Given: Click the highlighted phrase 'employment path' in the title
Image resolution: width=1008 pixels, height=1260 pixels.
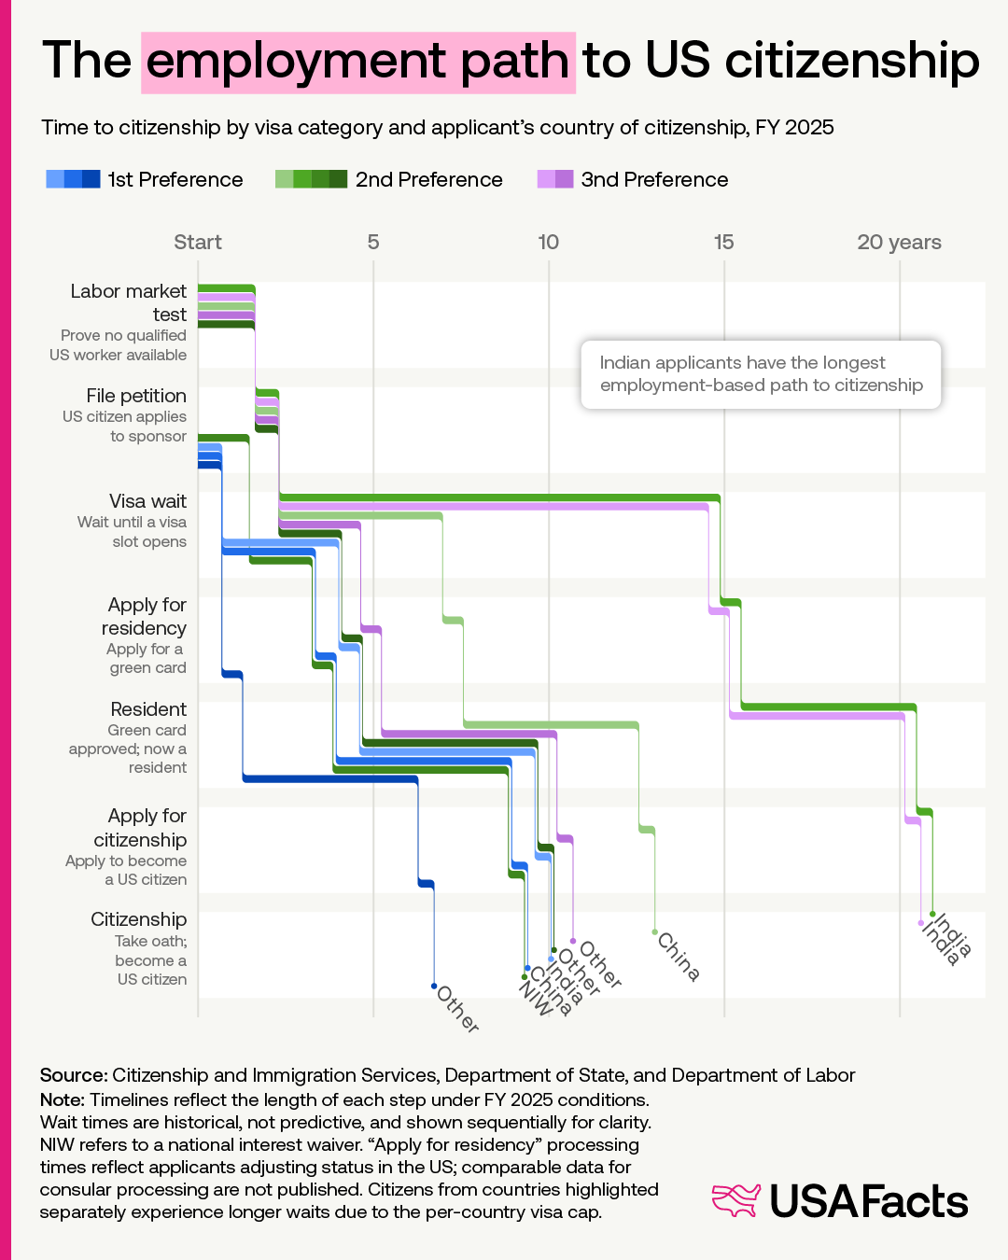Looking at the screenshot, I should [358, 62].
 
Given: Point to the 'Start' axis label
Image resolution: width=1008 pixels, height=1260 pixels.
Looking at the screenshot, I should [198, 243].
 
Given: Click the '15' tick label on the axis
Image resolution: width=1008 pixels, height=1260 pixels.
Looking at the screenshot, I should [723, 243].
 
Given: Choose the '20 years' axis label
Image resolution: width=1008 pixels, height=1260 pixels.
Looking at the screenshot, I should [899, 243].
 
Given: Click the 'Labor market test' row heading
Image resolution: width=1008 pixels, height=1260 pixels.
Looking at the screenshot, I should [129, 302].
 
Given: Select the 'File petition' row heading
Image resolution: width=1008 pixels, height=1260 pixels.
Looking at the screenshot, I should [136, 396].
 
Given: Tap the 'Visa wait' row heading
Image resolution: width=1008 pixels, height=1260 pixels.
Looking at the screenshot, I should [147, 501].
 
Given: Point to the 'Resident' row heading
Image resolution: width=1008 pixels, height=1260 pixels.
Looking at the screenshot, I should [148, 709].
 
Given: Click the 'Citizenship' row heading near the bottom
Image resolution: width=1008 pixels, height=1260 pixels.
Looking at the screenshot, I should [139, 919].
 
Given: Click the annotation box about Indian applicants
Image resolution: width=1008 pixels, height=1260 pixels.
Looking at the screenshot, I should [761, 374].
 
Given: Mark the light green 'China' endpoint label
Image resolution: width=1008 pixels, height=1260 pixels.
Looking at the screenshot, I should [679, 957].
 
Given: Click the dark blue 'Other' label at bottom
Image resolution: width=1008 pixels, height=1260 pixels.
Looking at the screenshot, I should [458, 1010].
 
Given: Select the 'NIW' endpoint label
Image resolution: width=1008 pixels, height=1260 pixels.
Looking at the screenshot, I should [536, 998].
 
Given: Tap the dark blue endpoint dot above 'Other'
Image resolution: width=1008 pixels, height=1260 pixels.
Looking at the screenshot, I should [434, 986].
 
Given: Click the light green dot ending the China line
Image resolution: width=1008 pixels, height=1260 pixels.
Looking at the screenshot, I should [655, 931].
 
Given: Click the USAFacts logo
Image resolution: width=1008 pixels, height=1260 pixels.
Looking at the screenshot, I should [840, 1201].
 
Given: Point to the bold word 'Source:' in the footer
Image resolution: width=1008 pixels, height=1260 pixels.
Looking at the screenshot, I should [74, 1075].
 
